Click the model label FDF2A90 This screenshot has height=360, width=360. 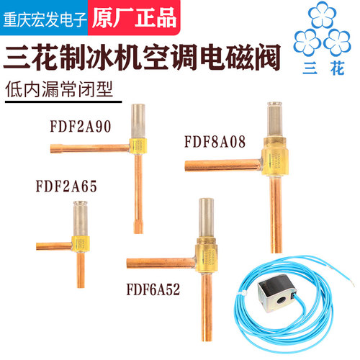tap(81, 127)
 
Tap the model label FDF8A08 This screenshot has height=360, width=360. tap(215, 142)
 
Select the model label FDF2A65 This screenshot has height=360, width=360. tap(66, 186)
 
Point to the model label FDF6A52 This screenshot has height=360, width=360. tap(153, 289)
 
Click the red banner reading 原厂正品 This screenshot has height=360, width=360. tap(135, 18)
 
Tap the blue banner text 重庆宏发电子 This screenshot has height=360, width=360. tap(45, 19)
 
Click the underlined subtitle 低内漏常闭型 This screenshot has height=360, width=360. tap(59, 89)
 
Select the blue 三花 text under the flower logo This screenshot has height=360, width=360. tap(324, 68)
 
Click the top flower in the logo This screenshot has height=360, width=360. tap(322, 15)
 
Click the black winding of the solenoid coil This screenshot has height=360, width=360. tap(278, 283)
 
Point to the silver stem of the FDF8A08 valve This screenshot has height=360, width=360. tap(274, 120)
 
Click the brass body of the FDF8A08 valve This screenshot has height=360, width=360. tap(274, 156)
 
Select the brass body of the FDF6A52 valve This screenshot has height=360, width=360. tap(207, 255)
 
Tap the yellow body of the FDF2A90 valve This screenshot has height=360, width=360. tap(138, 146)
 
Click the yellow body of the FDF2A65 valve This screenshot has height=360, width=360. tap(81, 244)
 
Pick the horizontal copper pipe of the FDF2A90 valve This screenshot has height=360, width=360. tap(90, 148)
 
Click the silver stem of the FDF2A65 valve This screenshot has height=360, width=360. tap(80, 219)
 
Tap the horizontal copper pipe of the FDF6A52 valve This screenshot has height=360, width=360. tap(161, 264)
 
